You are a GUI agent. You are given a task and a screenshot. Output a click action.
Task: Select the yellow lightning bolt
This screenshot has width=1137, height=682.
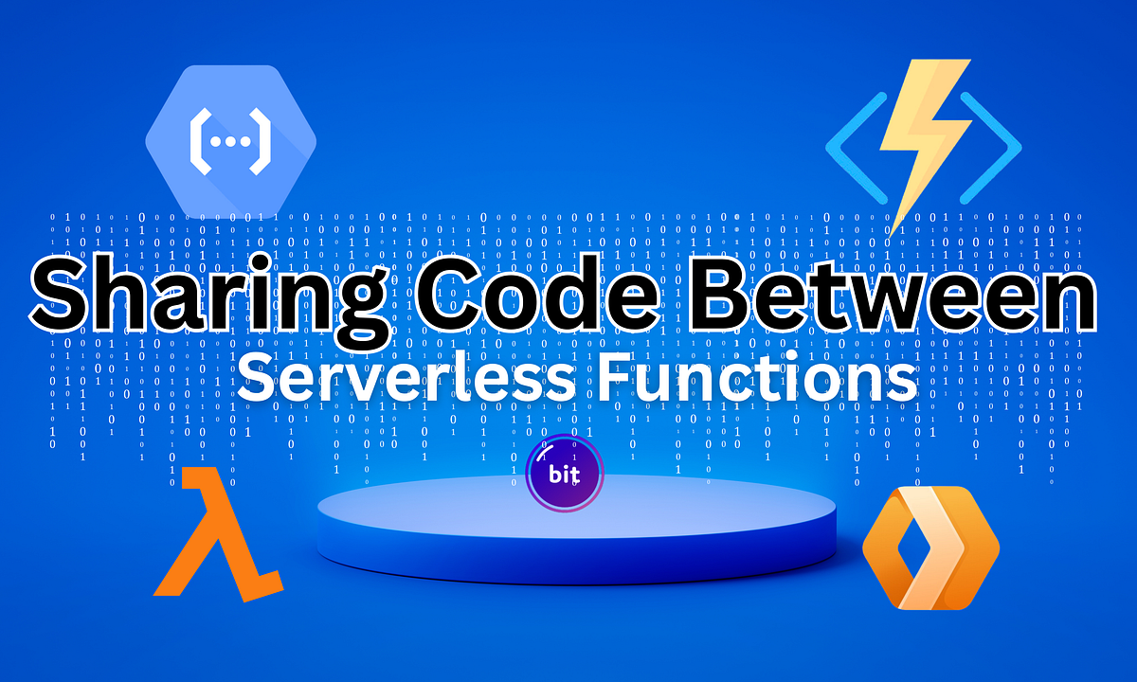[915, 142]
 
